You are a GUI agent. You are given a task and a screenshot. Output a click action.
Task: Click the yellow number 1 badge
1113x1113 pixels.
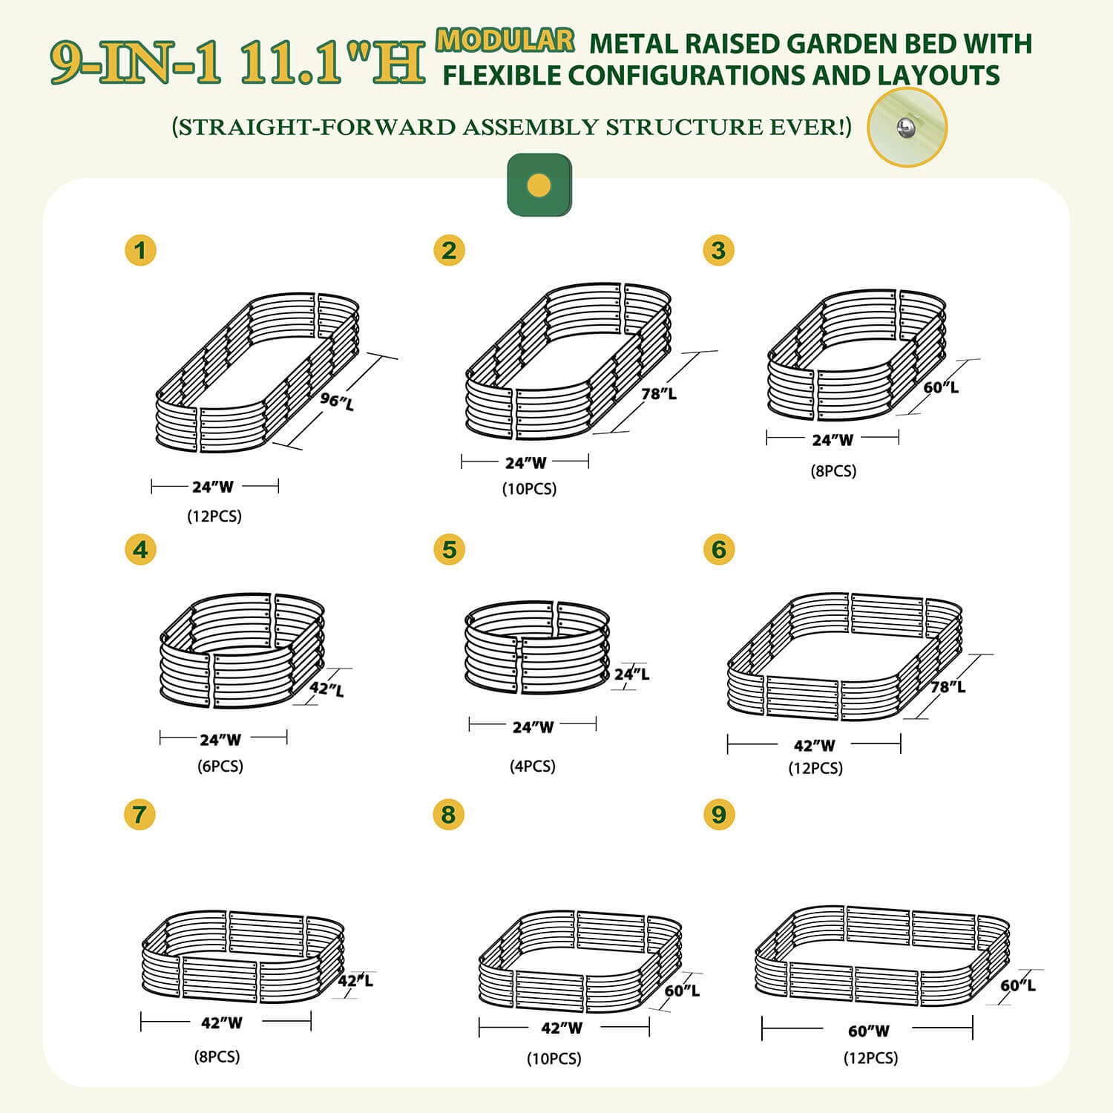click(x=140, y=250)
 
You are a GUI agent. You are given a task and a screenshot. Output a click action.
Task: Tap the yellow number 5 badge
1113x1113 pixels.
click(x=449, y=550)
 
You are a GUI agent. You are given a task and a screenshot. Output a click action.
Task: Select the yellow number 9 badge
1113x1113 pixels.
click(x=718, y=814)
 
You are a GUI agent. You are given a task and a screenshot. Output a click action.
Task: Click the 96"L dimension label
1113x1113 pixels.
click(x=337, y=401)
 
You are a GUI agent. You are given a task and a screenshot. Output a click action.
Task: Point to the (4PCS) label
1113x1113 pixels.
click(x=533, y=766)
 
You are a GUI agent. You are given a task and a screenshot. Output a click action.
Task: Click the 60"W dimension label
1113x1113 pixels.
click(x=868, y=1031)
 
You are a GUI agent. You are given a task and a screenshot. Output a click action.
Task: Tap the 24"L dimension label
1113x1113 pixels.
click(x=632, y=674)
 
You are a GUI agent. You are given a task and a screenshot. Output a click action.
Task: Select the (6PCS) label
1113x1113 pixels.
click(x=220, y=766)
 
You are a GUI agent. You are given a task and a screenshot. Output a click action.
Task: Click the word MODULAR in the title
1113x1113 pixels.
click(x=505, y=40)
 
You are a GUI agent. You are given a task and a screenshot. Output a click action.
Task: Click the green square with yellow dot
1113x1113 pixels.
click(x=539, y=185)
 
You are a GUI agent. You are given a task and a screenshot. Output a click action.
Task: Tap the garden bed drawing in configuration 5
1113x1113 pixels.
click(x=537, y=647)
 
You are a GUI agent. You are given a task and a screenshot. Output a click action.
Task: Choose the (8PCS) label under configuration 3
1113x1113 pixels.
click(x=833, y=470)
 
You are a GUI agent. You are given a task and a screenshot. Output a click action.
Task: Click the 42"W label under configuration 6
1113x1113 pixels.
click(x=814, y=745)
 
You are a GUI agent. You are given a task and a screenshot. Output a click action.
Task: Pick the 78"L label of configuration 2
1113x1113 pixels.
click(x=659, y=393)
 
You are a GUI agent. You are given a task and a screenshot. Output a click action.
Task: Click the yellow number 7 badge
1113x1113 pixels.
click(x=139, y=814)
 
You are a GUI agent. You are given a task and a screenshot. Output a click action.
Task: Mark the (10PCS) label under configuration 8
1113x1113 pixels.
click(x=554, y=1058)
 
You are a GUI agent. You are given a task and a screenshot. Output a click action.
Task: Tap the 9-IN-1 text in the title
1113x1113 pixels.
click(x=137, y=62)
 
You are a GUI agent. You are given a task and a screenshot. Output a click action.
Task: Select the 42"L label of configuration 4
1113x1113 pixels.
click(x=327, y=689)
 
